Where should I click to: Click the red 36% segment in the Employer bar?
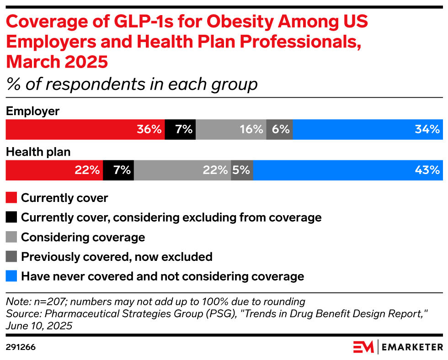[85, 130]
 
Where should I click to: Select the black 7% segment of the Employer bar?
[180, 130]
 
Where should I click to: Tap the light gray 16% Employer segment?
[231, 130]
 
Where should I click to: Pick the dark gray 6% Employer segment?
[279, 130]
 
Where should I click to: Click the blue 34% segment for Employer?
[368, 130]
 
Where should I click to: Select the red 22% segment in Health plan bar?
[54, 170]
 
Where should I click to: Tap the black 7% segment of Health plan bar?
[118, 170]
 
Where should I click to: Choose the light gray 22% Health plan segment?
[182, 170]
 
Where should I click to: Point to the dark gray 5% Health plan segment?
[242, 170]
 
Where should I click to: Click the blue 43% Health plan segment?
[347, 170]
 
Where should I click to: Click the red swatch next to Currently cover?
[11, 198]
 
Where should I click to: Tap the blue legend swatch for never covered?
[11, 276]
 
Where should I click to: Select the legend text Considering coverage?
[83, 237]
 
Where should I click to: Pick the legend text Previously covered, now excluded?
[117, 257]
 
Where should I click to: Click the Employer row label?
[32, 111]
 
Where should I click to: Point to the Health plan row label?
[38, 152]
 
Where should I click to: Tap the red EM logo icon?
[363, 347]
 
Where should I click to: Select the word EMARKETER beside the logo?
[411, 347]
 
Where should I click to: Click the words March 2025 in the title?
[57, 61]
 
